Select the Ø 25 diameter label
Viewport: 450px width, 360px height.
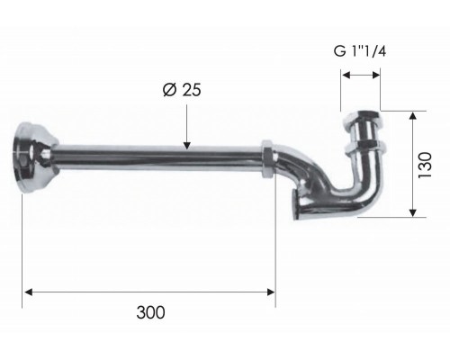tap(184, 90)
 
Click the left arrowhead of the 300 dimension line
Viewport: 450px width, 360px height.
tap(28, 291)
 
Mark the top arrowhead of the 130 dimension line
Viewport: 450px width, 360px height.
tap(412, 116)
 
